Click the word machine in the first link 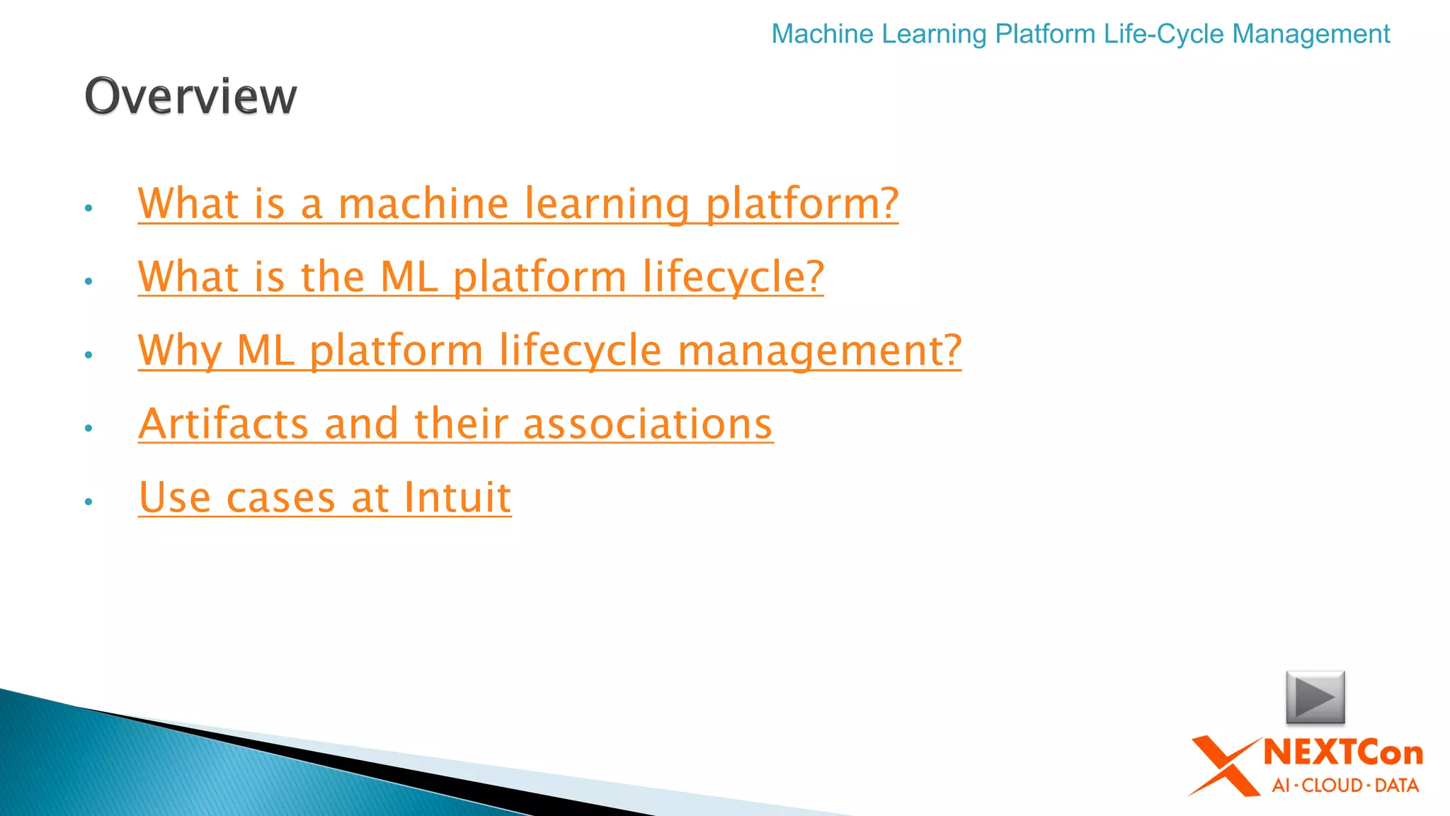(423, 204)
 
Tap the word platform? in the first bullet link (802, 204)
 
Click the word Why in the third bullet (180, 351)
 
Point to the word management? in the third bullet (819, 351)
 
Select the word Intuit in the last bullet (457, 497)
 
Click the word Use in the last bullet (175, 497)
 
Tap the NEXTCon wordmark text (1343, 753)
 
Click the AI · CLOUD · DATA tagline (1345, 786)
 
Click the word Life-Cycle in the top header (1164, 34)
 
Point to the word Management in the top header (1311, 34)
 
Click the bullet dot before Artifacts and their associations (89, 428)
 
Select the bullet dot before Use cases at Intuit (89, 501)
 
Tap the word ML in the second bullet (409, 277)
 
